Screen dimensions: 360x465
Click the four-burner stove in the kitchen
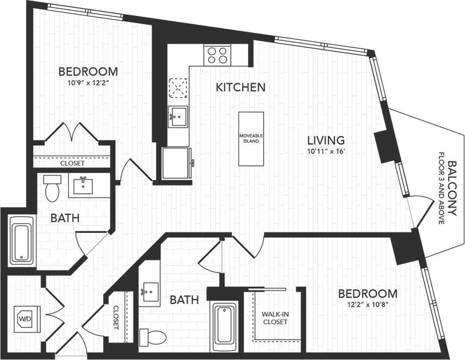tap(217, 54)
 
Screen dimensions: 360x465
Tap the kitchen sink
tap(177, 117)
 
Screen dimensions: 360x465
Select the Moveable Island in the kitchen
tap(251, 139)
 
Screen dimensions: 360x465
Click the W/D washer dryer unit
tap(24, 318)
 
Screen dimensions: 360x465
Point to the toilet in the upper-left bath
tap(51, 189)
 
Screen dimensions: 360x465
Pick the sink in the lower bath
tap(149, 291)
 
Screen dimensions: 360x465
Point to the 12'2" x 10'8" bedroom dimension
tap(367, 305)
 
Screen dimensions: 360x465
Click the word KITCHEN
tap(240, 87)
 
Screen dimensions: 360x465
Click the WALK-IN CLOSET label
tap(275, 318)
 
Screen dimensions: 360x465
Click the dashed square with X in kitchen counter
tap(177, 88)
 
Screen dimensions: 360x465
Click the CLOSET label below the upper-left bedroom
tap(72, 164)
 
